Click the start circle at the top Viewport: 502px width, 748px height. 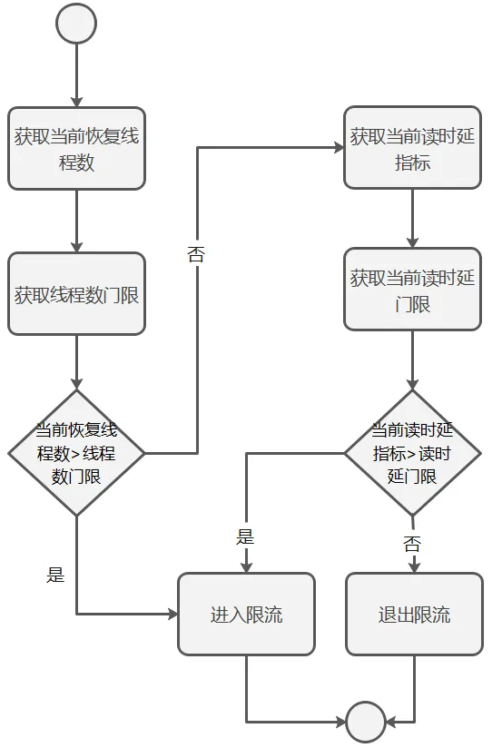pos(76,24)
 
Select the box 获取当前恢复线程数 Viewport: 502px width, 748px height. pos(76,149)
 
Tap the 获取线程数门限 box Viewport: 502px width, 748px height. pos(76,294)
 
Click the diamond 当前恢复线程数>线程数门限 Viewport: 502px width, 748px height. pos(76,452)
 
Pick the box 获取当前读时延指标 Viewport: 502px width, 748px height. pos(412,149)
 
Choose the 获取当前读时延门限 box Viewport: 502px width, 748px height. pos(412,290)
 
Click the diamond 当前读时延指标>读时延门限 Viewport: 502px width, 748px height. pos(412,452)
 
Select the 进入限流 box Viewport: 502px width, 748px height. pos(246,615)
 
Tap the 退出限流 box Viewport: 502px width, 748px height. pos(414,615)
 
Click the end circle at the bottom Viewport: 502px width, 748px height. pos(366,723)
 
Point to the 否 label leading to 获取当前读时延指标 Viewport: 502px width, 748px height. pos(196,253)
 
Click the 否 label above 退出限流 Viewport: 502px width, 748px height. pos(412,544)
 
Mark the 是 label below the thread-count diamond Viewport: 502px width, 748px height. pos(55,574)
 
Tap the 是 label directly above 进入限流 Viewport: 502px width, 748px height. pos(245,536)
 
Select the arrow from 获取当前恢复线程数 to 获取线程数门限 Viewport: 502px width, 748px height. pos(76,221)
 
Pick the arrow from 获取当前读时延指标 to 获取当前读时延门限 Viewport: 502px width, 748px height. pos(412,218)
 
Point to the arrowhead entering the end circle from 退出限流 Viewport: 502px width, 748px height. pos(393,723)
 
